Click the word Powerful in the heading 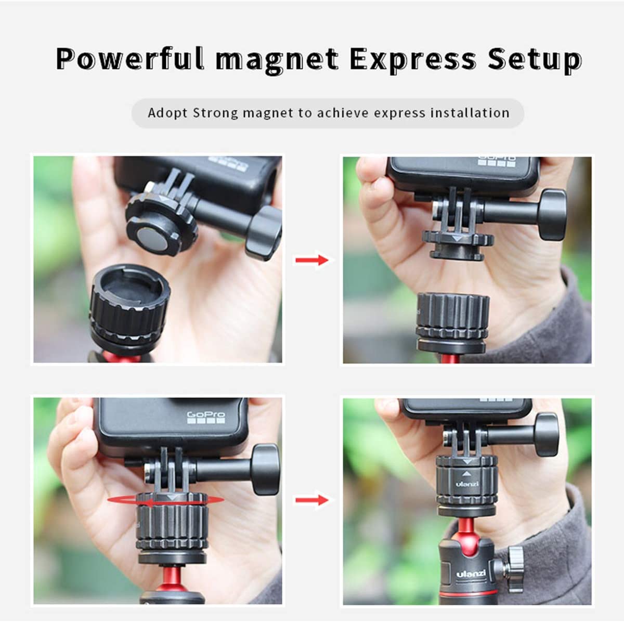pos(130,59)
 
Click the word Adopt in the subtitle pos(167,113)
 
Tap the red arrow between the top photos pos(312,260)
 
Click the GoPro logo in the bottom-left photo pos(206,418)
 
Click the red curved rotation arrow pos(165,500)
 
